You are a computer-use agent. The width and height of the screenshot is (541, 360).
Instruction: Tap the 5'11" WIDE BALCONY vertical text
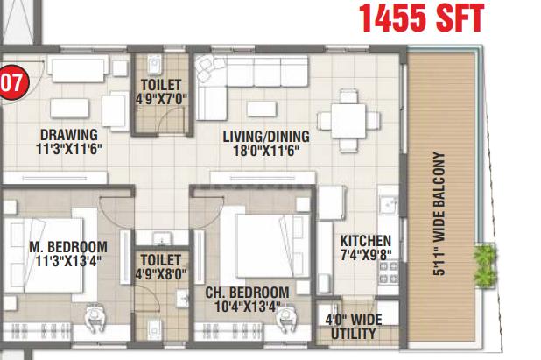pos(439,215)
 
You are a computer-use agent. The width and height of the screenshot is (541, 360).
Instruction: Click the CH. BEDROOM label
pos(247,293)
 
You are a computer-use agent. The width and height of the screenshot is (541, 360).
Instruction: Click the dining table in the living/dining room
pos(348,120)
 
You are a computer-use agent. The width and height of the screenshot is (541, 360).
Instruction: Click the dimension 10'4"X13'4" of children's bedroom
pos(247,307)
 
